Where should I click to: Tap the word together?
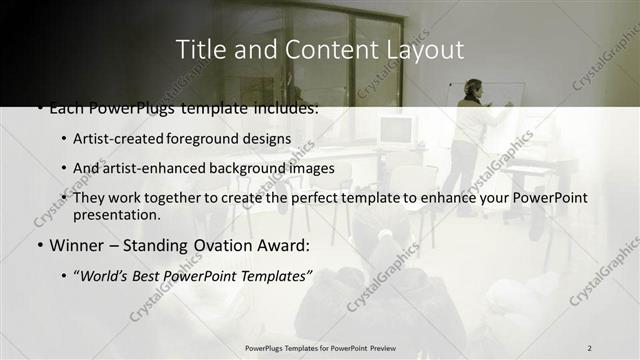click(170, 198)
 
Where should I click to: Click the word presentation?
click(116, 214)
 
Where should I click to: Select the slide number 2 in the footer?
click(589, 347)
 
